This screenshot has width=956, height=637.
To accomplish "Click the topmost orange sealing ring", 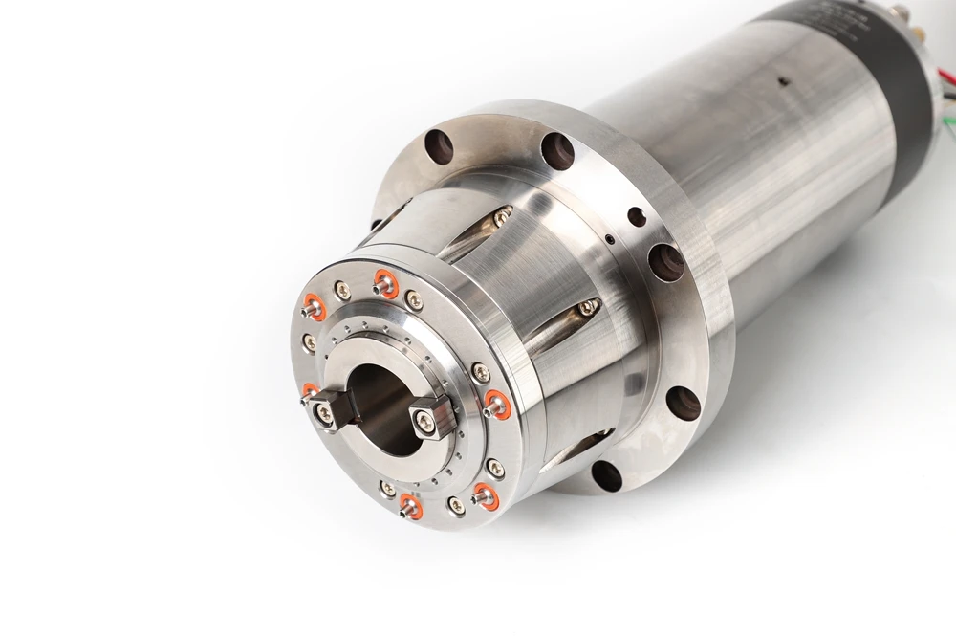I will click(x=384, y=282).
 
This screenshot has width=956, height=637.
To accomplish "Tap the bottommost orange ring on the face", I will click(x=410, y=505).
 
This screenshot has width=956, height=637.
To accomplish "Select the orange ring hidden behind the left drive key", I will click(x=309, y=391).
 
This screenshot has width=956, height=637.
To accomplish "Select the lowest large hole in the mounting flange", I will click(x=605, y=474).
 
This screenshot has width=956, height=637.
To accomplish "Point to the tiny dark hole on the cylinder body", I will click(x=783, y=82).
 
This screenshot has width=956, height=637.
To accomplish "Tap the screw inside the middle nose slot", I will click(x=588, y=308).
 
